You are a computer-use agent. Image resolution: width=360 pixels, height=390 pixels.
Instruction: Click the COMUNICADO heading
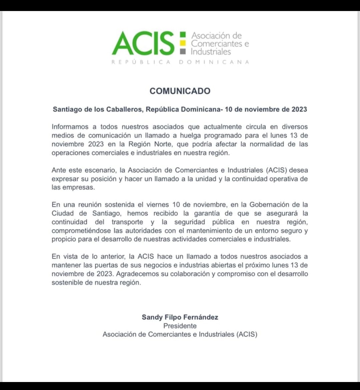click(180, 91)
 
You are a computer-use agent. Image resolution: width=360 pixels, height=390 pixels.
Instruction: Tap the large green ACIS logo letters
click(143, 43)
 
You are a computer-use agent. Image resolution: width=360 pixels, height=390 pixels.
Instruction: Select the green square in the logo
click(182, 35)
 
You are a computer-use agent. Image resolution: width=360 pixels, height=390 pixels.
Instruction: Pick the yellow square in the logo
click(182, 43)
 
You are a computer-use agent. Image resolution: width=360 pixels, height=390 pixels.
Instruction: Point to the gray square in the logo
click(182, 52)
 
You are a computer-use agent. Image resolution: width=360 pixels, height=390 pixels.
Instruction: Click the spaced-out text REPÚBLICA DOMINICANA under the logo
click(180, 62)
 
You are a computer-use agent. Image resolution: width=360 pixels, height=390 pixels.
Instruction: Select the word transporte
click(127, 222)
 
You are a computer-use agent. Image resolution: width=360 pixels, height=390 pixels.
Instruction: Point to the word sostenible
click(68, 283)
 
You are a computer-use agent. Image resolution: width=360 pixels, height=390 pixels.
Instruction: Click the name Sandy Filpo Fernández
click(180, 317)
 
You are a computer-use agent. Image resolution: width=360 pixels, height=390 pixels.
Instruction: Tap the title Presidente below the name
click(180, 326)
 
